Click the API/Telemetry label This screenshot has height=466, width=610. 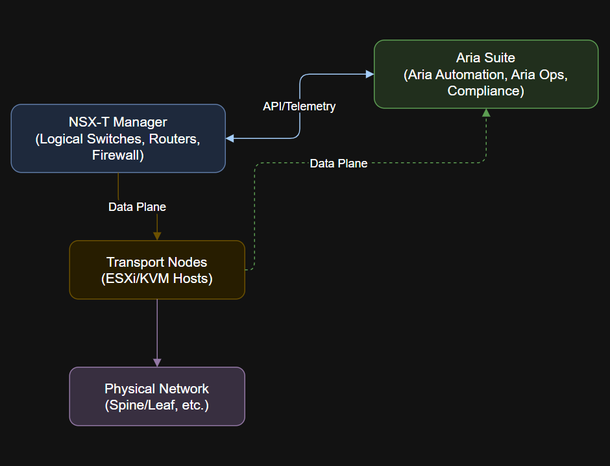(299, 106)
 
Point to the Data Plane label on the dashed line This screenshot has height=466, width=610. (338, 164)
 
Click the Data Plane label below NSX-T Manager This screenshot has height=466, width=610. (137, 207)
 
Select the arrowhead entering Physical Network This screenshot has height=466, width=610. (157, 362)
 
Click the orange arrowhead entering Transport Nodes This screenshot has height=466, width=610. (157, 236)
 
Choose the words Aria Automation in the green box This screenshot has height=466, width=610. (455, 75)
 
